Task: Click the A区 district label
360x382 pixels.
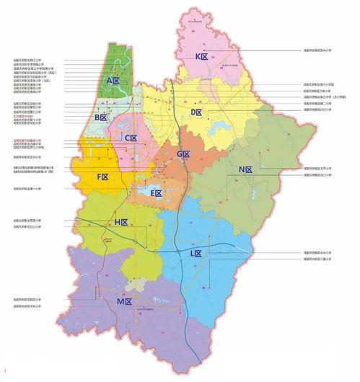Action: point(113,81)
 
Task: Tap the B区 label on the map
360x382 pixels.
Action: point(100,117)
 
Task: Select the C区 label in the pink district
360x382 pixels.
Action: point(131,138)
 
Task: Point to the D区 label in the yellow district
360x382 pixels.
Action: point(196,113)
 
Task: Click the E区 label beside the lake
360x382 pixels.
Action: point(156,193)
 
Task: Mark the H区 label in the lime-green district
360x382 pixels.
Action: point(121,223)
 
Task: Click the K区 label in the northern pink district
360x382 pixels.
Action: point(201,56)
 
